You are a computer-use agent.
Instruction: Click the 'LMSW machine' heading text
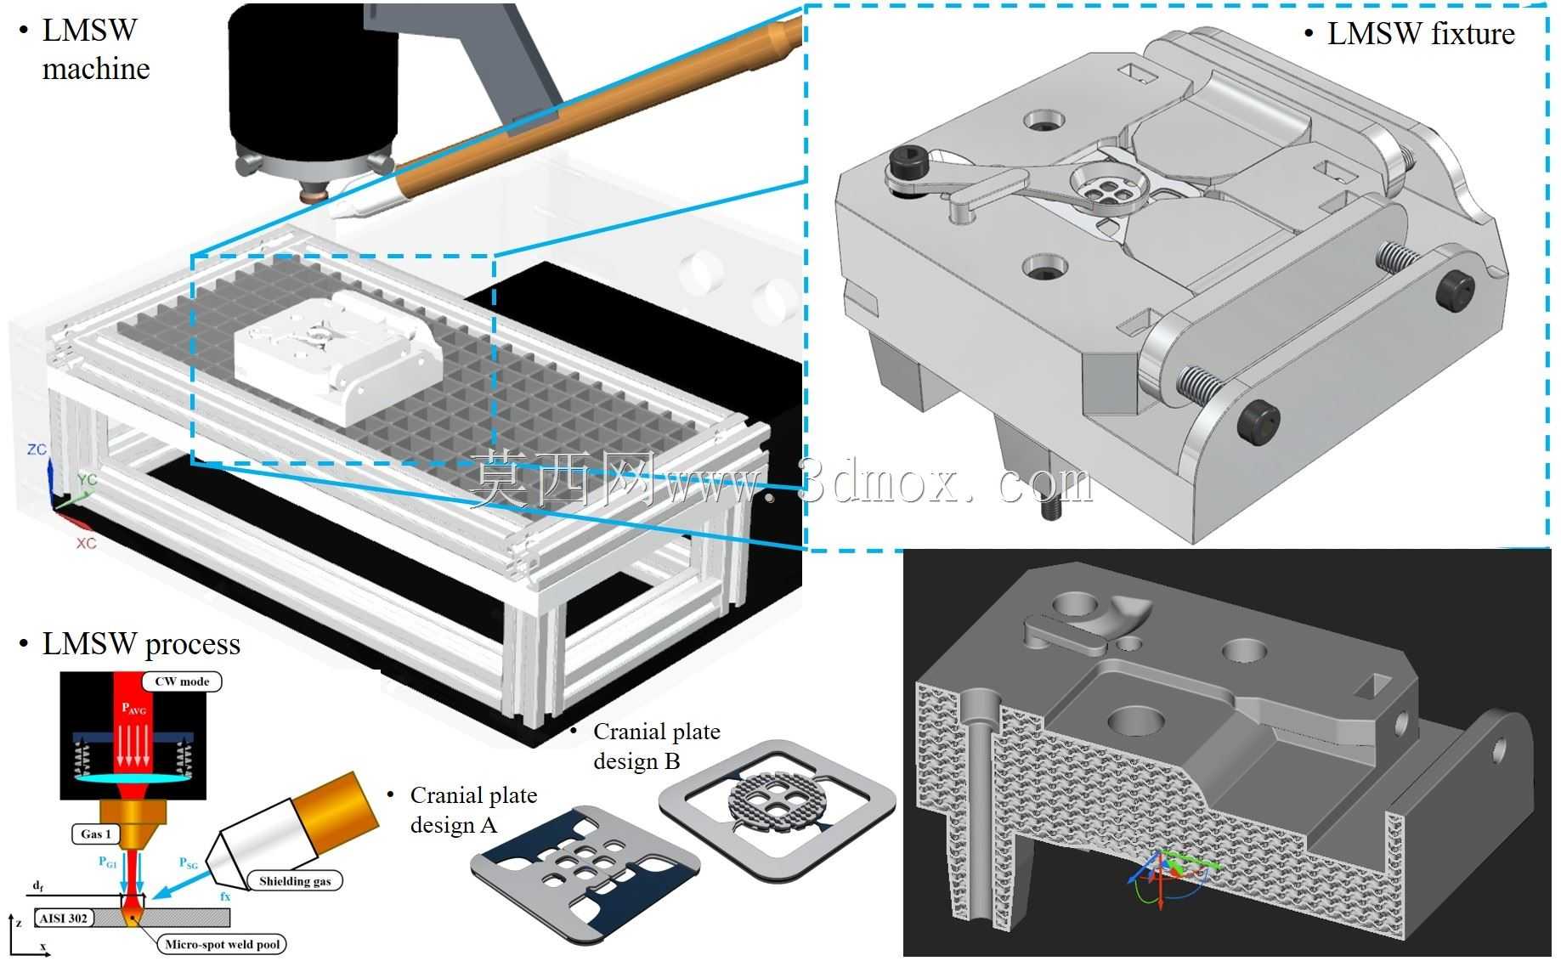pos(95,49)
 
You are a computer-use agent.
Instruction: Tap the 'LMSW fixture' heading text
pos(1421,33)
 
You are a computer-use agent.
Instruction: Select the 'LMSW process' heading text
pos(141,644)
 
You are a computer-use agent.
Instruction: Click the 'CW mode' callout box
pos(182,681)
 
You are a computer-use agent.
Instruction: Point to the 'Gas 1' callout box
pos(96,834)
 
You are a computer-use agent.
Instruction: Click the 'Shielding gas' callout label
pos(295,881)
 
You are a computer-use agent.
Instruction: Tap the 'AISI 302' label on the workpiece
pos(63,919)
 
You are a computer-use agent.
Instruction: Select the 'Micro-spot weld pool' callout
pos(222,944)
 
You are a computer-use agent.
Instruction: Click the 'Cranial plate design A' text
pos(473,810)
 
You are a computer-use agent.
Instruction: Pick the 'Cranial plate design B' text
pos(656,745)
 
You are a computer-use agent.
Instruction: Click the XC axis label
pos(86,543)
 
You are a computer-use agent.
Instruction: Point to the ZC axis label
pos(37,449)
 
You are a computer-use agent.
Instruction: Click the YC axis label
pos(88,479)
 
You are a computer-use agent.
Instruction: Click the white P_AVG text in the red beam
pos(133,707)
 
